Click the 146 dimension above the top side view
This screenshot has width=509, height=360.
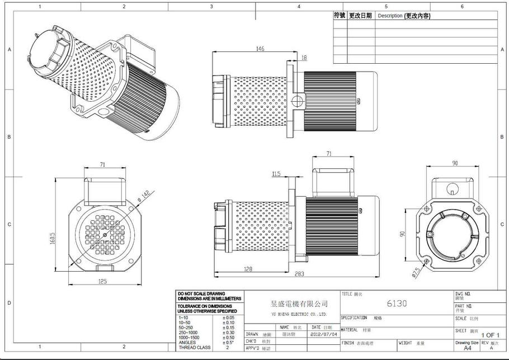pos(260,49)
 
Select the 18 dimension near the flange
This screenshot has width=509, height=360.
pos(304,58)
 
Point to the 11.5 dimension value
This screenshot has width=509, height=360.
pos(276,174)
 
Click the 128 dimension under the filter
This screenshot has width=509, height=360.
pos(248,269)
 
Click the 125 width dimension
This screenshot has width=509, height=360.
pos(102,281)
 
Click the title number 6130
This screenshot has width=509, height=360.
pos(397,304)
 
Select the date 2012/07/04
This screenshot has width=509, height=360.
pos(324,334)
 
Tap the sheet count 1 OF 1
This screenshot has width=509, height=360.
pos(491,335)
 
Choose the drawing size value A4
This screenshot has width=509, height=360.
pos(467,347)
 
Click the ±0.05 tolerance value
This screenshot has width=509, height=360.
pos(228,318)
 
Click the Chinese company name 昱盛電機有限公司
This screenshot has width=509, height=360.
pos(299,304)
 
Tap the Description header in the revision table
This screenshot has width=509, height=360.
pos(403,16)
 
